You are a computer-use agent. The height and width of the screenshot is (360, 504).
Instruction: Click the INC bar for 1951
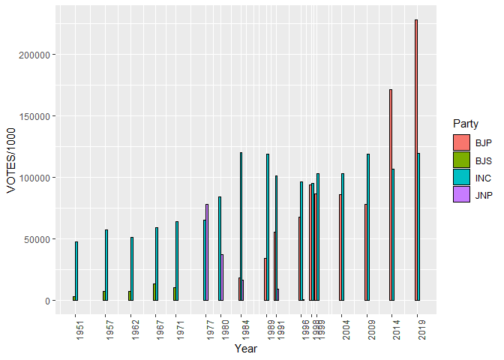pos(76,271)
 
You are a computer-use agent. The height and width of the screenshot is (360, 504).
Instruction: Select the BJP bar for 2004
pos(340,247)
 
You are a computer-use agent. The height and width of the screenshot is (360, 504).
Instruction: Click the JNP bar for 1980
pos(222,277)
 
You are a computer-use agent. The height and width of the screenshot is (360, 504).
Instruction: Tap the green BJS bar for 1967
pos(154,292)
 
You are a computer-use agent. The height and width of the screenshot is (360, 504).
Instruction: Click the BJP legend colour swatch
pos(461,142)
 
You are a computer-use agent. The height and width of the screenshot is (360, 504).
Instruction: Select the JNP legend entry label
pos(484,194)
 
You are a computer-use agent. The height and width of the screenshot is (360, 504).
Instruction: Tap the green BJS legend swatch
pos(461,160)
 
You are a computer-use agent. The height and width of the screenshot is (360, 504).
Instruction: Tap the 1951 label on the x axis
pos(79,328)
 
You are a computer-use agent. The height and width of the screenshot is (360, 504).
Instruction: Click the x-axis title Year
pos(246,349)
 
